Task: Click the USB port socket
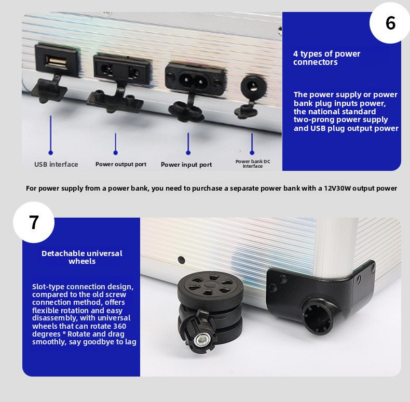[x=57, y=61]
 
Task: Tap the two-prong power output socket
[x=122, y=70]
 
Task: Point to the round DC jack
[x=253, y=86]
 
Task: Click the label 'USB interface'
[x=56, y=164]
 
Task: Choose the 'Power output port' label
[x=121, y=164]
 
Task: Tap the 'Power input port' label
[x=186, y=165]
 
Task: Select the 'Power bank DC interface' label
[x=253, y=164]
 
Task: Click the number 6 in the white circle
[x=391, y=23]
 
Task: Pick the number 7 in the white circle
[x=34, y=222]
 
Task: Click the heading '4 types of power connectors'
[x=326, y=58]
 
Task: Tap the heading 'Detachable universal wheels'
[x=82, y=257]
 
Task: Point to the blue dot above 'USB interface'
[x=51, y=153]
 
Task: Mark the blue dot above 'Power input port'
[x=188, y=153]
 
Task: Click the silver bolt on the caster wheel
[x=201, y=340]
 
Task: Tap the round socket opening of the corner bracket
[x=318, y=316]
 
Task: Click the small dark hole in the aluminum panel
[x=181, y=260]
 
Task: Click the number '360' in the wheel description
[x=119, y=326]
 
